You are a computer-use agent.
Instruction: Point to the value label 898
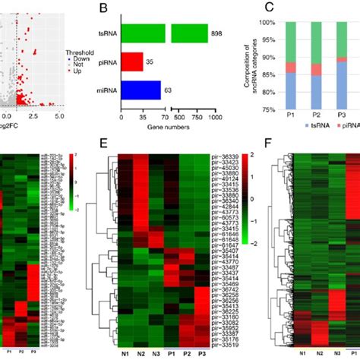point(218,34)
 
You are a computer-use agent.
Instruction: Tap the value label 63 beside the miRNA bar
point(169,90)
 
